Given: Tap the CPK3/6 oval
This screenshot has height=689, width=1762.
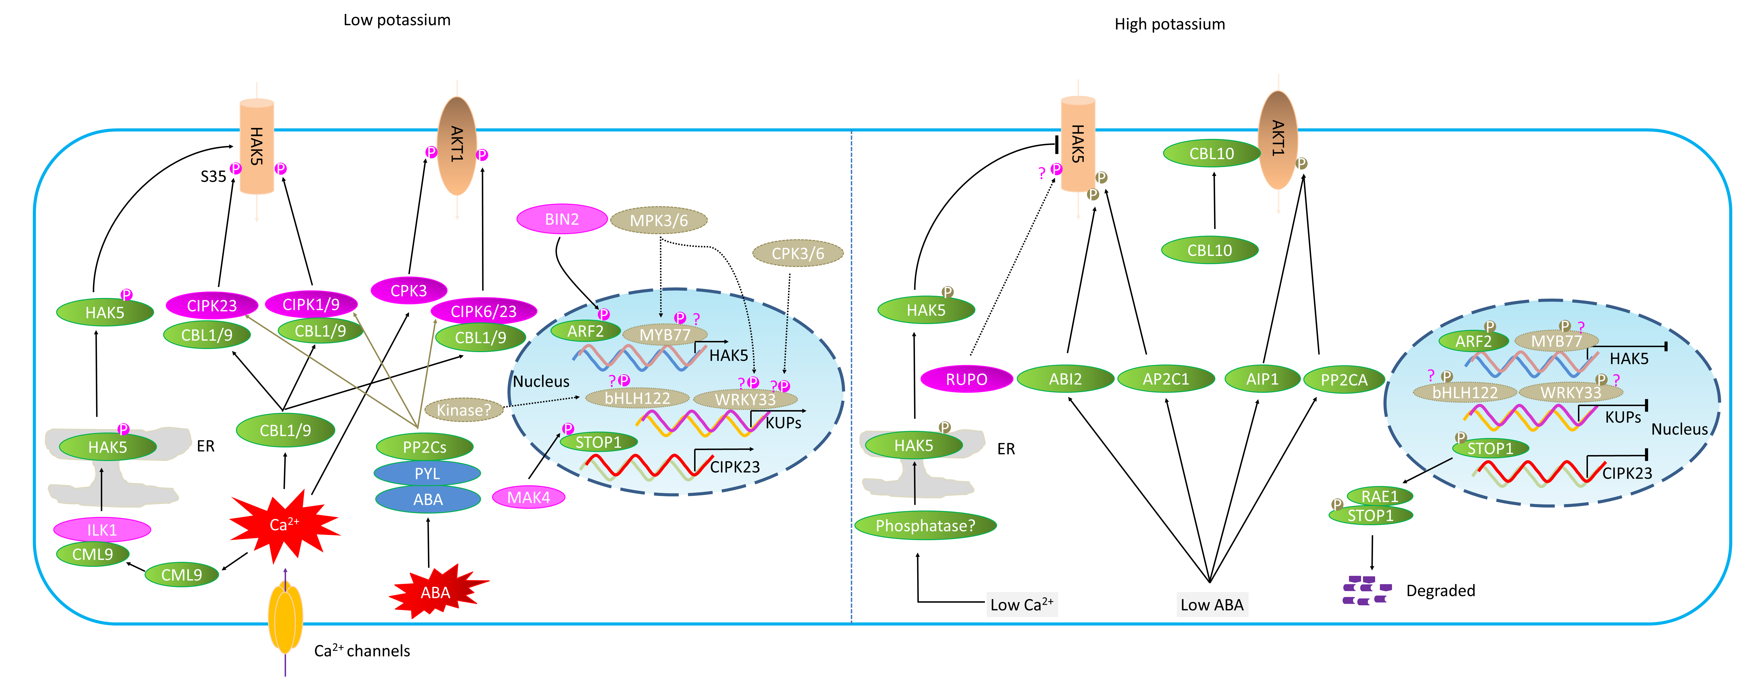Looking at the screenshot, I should click(x=798, y=253).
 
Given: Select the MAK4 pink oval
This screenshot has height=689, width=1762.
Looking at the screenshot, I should click(x=528, y=497).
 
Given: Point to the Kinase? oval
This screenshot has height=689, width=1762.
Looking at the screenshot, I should click(x=464, y=410).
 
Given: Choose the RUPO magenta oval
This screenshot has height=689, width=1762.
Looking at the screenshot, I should click(x=966, y=379).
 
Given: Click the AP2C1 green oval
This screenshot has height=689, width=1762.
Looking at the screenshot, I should click(x=1166, y=379).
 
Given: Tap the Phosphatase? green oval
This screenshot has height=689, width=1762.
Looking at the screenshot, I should click(x=925, y=525).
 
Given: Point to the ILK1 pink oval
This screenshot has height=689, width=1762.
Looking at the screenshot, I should click(x=102, y=529).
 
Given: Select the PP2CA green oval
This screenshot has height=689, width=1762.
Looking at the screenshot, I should click(x=1343, y=380).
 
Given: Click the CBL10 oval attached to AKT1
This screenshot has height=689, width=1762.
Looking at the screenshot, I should click(x=1211, y=153).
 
